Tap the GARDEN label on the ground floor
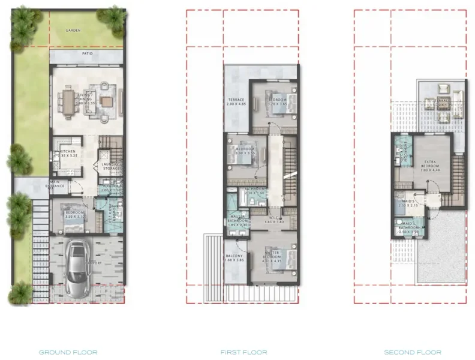tap(73, 31)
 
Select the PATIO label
tap(88, 53)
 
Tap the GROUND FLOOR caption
tap(68, 352)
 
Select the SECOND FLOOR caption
tap(413, 352)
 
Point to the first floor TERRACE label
tap(235, 100)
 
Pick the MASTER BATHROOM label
tap(239, 221)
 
